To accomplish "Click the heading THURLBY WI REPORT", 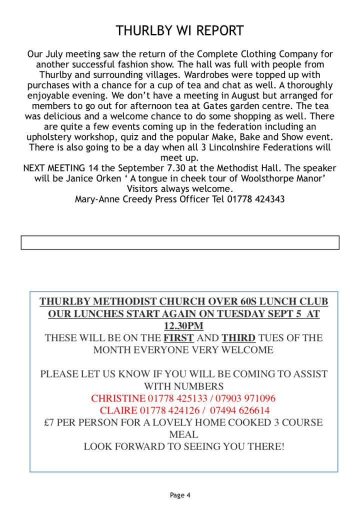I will point(179,31).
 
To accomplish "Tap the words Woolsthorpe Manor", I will point(285,178).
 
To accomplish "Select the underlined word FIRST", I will point(178,338).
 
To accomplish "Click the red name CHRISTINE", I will point(118,399).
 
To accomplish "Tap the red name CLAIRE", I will point(118,411).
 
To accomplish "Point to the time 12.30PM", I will point(183,326).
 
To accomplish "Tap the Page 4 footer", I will point(180,495).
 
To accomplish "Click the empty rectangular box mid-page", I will point(180,242).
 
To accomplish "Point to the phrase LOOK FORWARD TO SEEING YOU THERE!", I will point(183,446).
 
